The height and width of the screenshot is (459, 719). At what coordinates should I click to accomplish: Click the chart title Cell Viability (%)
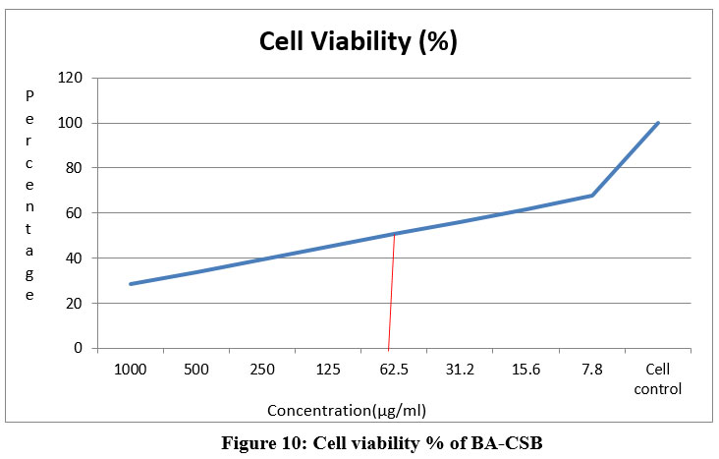(358, 42)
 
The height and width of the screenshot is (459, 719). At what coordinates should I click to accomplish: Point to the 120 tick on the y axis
(72, 78)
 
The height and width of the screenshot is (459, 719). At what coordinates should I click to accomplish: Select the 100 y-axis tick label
(72, 123)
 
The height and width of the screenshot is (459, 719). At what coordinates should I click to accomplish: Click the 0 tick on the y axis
(79, 349)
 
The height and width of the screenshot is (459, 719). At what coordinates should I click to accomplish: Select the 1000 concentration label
(131, 369)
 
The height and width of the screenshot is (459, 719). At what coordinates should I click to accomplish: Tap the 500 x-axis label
(196, 369)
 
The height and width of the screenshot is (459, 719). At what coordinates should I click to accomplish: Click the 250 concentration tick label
(262, 369)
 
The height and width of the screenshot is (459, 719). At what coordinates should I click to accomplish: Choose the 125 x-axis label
(328, 369)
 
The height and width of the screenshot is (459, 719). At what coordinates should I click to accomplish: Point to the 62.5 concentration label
(394, 369)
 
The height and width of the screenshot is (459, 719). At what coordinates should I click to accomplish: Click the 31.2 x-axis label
(461, 369)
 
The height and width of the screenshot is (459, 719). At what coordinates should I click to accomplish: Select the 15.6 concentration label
(526, 369)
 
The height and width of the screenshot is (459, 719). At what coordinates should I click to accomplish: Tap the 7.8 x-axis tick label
(592, 369)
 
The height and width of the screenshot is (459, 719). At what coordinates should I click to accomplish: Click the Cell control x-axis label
(658, 377)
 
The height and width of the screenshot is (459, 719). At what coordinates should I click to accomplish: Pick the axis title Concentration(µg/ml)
(348, 409)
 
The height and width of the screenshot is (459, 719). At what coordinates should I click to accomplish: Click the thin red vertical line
(392, 295)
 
